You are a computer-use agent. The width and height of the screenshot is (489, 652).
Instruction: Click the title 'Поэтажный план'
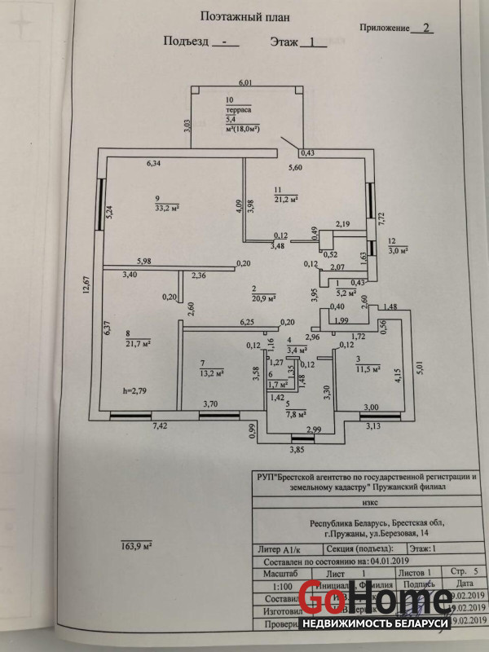[243, 15]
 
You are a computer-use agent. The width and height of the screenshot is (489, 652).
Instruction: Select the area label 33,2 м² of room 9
[165, 207]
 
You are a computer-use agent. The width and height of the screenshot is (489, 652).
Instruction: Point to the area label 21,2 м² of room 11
[285, 198]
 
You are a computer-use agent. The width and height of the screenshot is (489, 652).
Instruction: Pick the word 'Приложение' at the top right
[384, 27]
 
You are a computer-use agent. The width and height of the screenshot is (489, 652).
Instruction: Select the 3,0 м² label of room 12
[397, 251]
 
